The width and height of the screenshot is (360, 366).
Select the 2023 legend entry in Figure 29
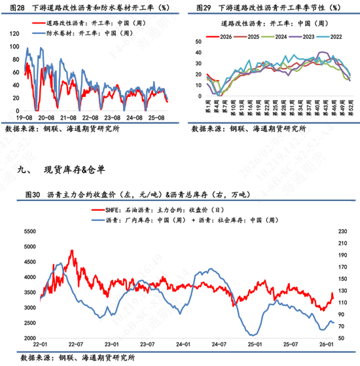tap(307, 37)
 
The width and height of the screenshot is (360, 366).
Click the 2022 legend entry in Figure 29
tap(335, 37)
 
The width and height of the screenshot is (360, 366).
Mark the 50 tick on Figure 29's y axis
tap(197, 42)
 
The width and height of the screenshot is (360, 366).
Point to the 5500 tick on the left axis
tap(29, 232)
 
